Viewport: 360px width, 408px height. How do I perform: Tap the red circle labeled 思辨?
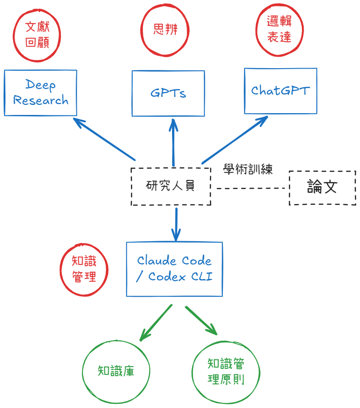(165, 30)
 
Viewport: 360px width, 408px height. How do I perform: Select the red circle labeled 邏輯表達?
(279, 30)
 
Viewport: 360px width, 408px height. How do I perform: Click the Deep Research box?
(40, 93)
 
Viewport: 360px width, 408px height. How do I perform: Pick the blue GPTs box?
(168, 93)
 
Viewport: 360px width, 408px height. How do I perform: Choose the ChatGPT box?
(280, 91)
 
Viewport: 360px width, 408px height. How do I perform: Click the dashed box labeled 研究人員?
(171, 186)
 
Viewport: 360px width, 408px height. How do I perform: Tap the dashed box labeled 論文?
(322, 188)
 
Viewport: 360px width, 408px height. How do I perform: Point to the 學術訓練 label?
(248, 170)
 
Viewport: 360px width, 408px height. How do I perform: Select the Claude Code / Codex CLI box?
(174, 269)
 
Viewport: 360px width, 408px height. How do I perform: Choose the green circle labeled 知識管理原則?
(226, 372)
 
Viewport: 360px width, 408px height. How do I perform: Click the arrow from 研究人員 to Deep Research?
(104, 139)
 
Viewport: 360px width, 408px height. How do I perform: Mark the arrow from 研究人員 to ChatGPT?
(234, 139)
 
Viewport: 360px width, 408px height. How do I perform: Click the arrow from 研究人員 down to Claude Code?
(176, 224)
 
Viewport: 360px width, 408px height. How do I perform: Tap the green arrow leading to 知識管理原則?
(201, 321)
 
